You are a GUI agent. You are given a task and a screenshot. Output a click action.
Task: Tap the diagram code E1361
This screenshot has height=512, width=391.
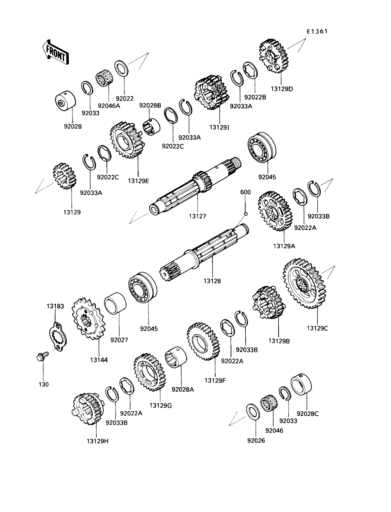click(317, 31)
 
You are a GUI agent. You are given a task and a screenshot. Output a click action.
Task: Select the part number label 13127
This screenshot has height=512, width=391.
click(198, 216)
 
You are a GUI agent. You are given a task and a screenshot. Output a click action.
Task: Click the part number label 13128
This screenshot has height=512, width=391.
click(212, 281)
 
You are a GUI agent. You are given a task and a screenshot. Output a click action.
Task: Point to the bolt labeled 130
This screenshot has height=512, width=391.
click(40, 357)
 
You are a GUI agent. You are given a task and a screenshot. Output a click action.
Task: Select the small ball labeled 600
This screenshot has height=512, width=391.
click(245, 214)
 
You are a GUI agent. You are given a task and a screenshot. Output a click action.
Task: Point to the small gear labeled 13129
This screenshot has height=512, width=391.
click(65, 176)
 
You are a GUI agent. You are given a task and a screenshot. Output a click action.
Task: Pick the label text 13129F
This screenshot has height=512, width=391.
click(215, 380)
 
